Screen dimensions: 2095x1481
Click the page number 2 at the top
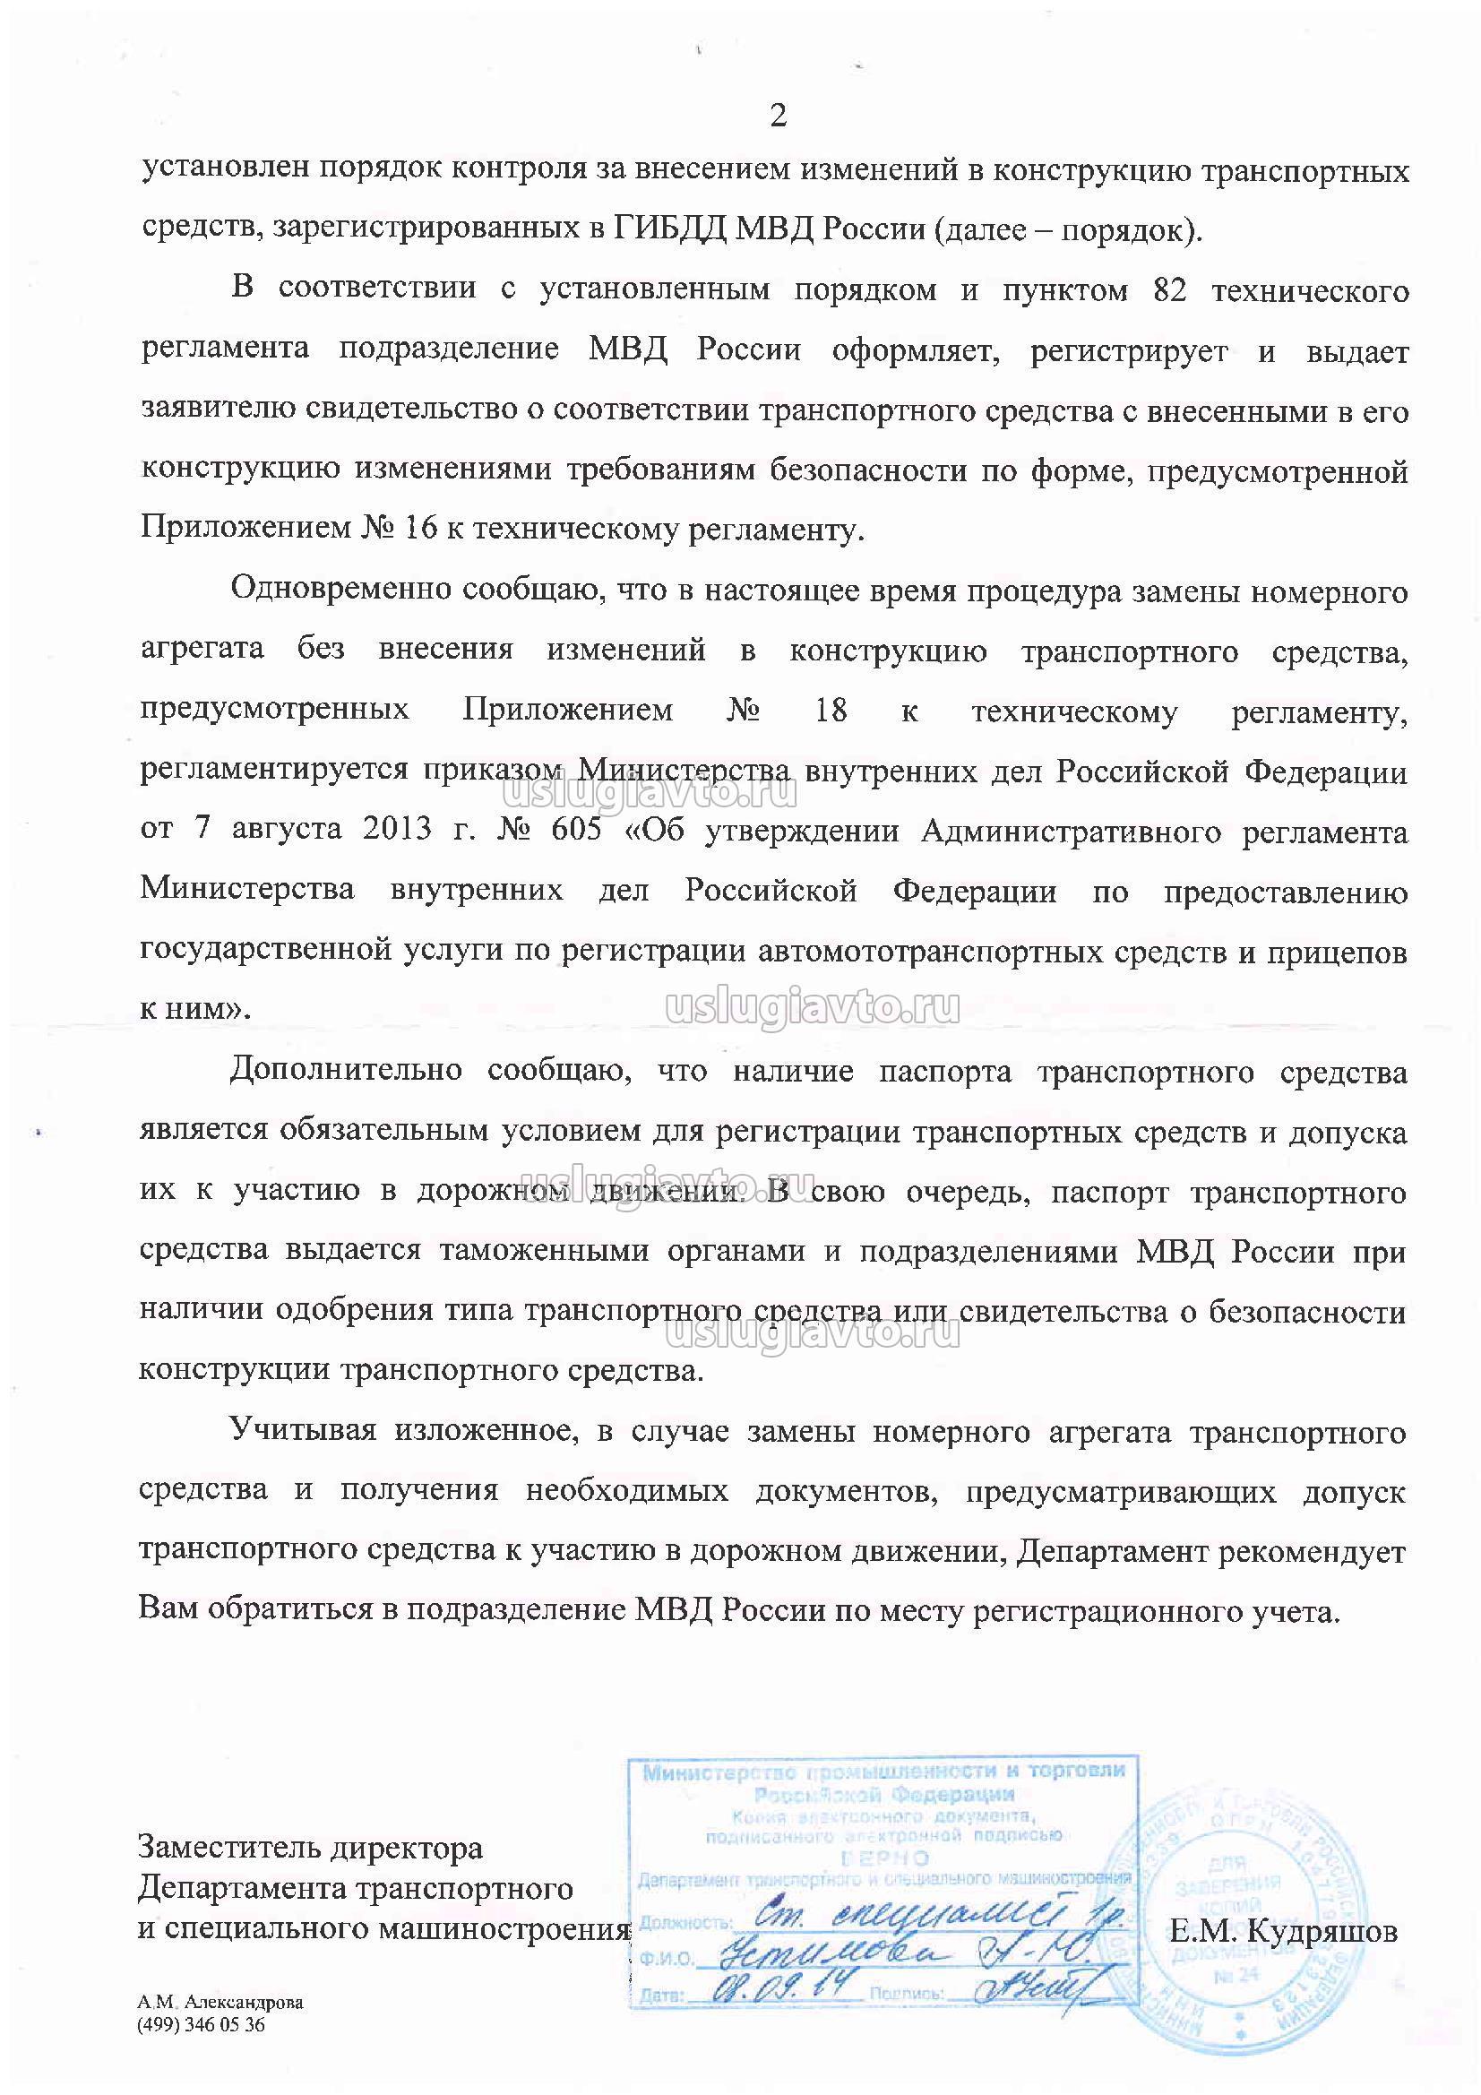[778, 116]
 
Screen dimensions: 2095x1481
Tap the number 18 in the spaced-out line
[831, 709]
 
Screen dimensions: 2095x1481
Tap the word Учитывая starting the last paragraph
[303, 1431]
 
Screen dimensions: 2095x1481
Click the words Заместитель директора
[310, 1848]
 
